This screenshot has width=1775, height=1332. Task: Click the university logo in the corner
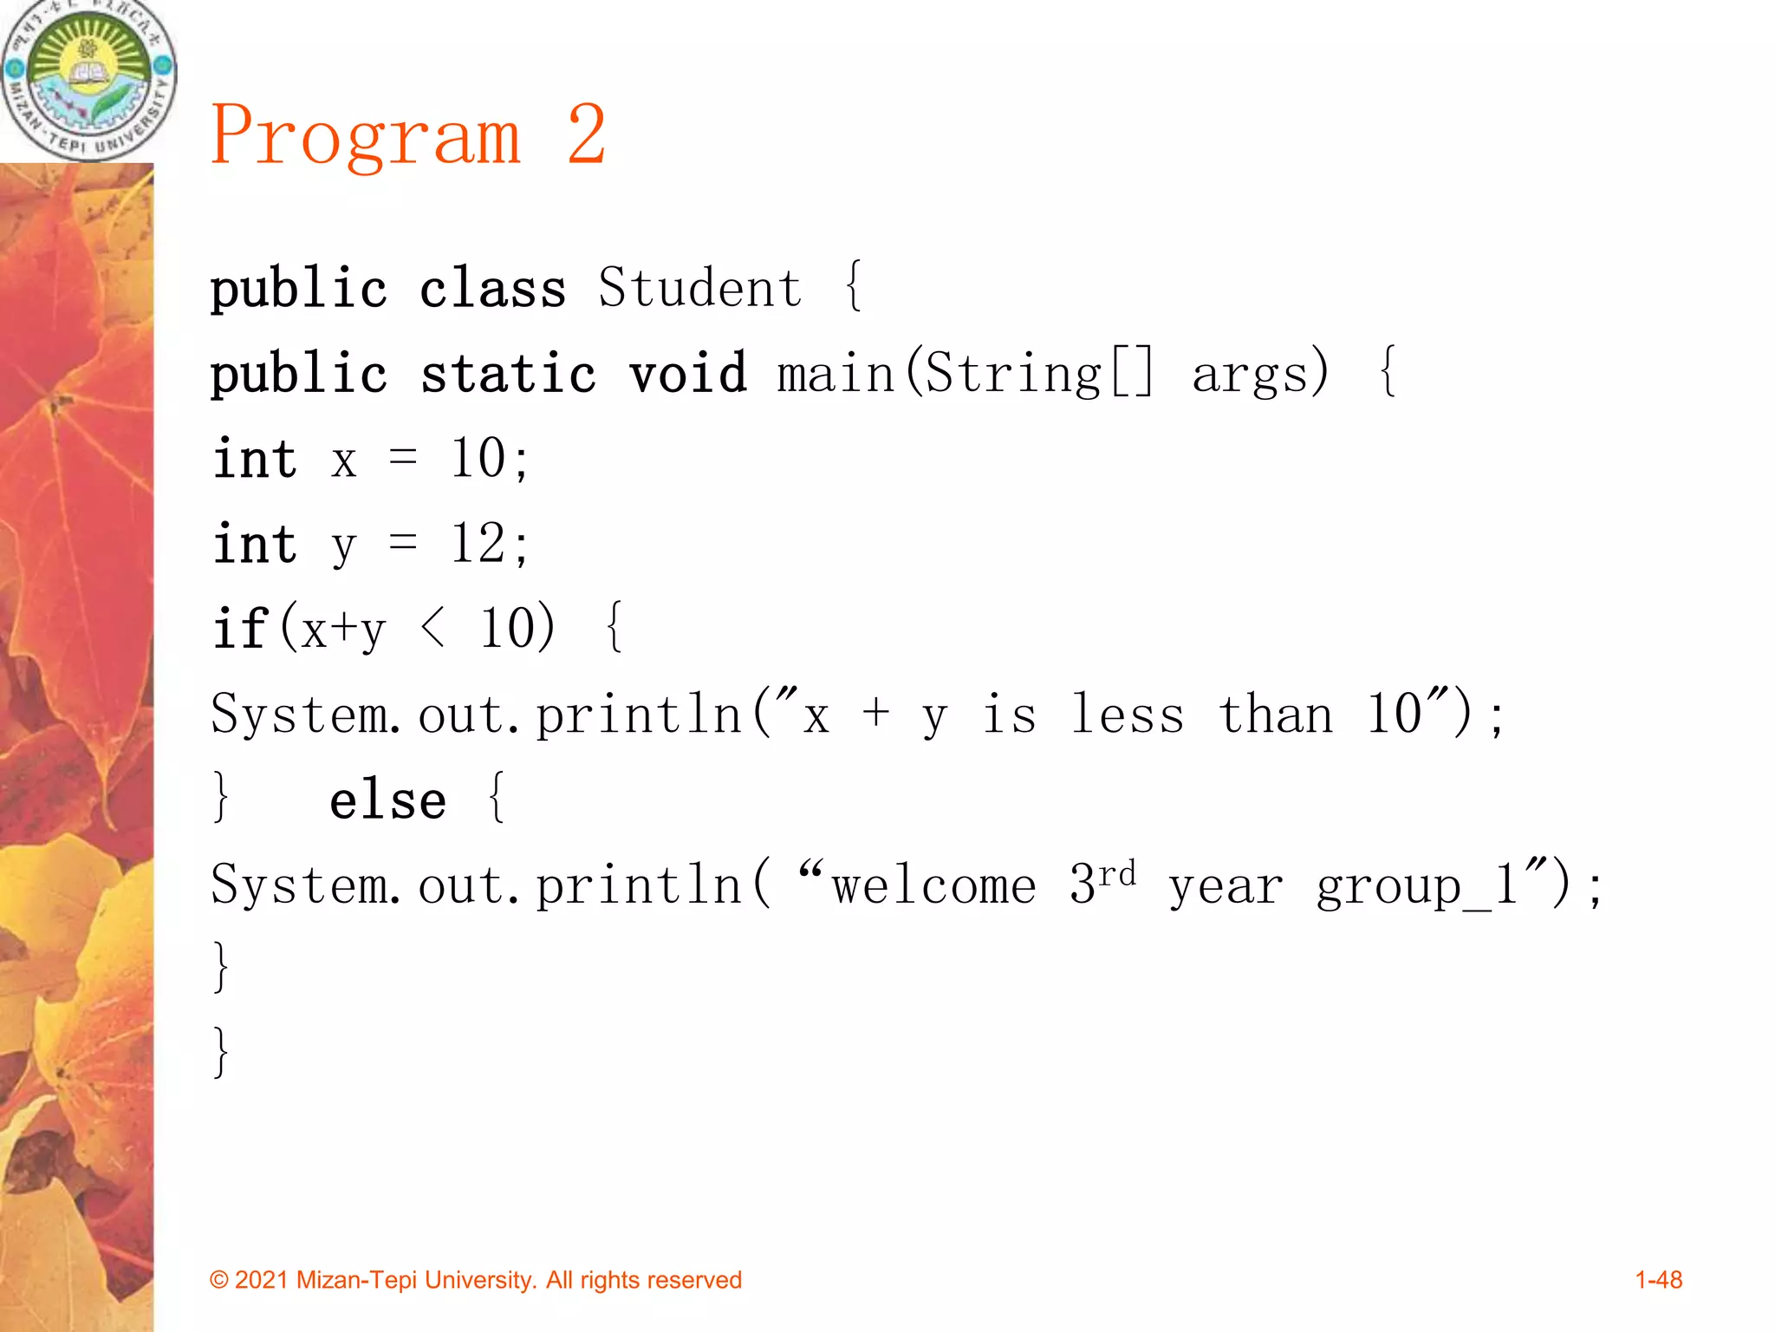pos(88,80)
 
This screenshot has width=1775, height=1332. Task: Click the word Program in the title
pos(366,137)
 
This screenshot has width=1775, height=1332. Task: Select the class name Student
pos(699,288)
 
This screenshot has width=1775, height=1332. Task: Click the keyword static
pos(508,373)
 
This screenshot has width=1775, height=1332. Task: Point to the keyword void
pos(687,373)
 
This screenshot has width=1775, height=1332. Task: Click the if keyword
pos(240,628)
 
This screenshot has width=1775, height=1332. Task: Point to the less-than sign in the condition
pos(432,628)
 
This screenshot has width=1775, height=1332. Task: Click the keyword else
pos(387,799)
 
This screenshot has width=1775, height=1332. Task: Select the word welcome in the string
pos(933,885)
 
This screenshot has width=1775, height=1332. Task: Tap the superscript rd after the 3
pos(1117,872)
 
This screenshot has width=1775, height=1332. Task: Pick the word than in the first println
pos(1276,715)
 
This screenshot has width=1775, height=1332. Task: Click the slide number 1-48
pos(1658,1280)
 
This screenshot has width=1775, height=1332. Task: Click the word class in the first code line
pos(492,288)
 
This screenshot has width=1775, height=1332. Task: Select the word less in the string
pos(1128,715)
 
